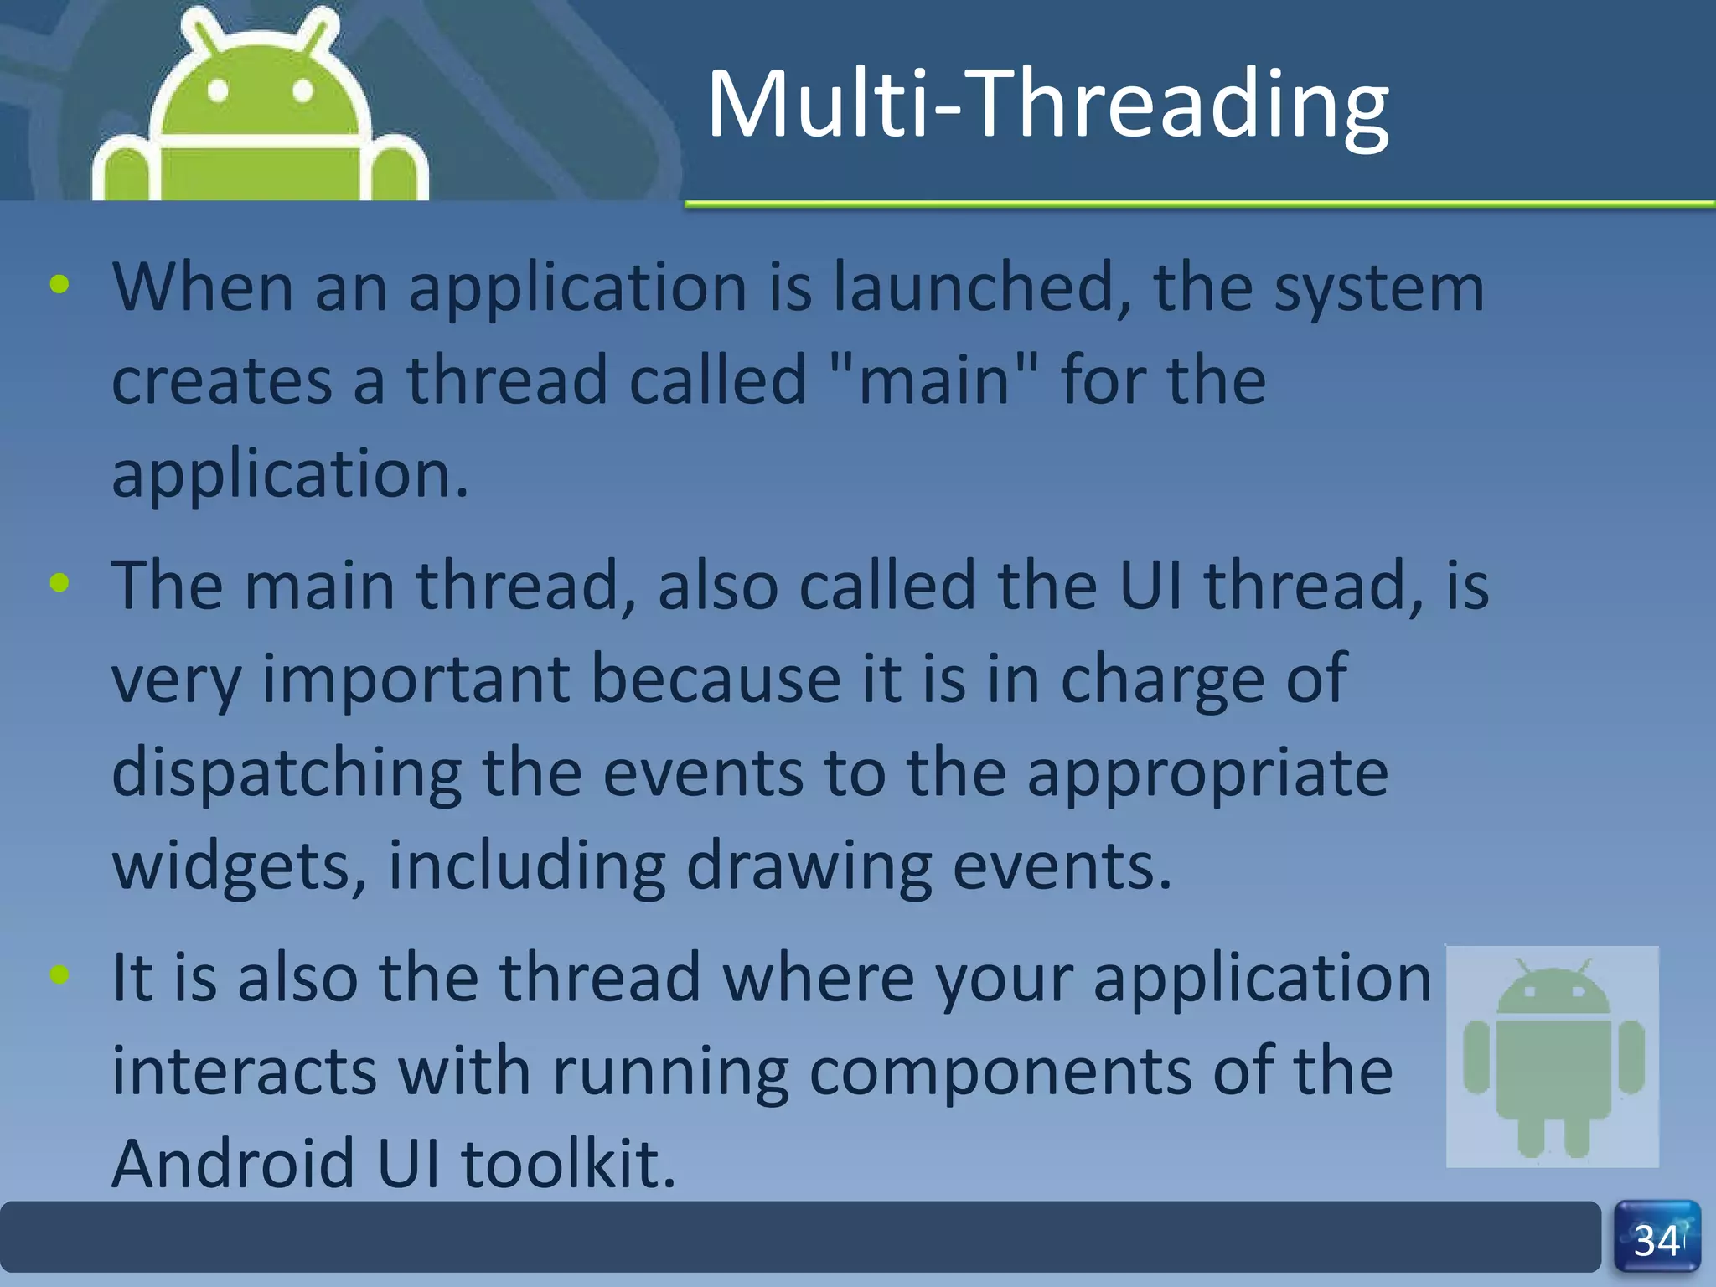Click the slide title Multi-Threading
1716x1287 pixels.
point(1047,105)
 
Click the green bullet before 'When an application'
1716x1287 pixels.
point(59,285)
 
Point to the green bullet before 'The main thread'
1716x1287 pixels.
point(59,582)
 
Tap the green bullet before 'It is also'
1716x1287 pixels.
point(59,974)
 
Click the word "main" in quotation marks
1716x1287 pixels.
point(935,380)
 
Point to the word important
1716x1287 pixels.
point(416,679)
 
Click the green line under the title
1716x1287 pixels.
point(1198,204)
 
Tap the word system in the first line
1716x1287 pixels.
point(1379,287)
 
